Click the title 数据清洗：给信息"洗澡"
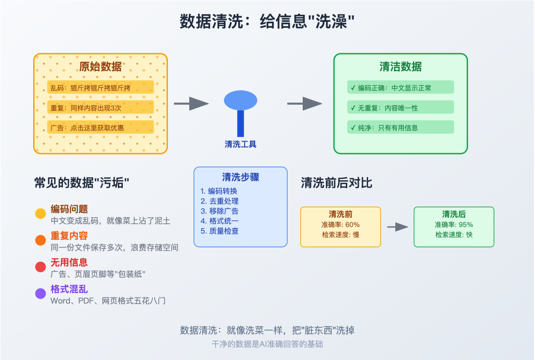267,22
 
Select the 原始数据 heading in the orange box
101,67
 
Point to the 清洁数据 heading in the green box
400,67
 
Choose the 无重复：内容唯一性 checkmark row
400,107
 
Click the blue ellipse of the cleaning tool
241,101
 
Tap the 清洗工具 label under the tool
241,145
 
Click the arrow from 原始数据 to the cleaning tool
191,103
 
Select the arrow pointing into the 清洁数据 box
305,103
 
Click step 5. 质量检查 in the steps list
219,231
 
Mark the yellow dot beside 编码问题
41,214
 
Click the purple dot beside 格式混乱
41,294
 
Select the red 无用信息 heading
69,262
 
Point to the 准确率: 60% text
340,225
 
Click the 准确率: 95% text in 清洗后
454,225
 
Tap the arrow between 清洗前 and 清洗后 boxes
397,227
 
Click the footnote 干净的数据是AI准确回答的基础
267,344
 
